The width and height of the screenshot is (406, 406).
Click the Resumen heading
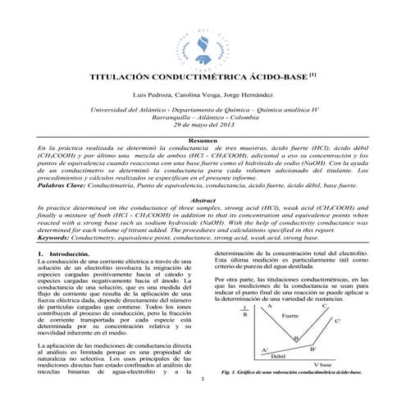[x=203, y=142]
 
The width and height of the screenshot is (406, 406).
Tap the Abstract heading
[x=203, y=200]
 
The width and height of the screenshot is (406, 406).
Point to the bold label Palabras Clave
[x=63, y=187]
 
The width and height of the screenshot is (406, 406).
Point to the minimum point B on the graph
[x=296, y=337]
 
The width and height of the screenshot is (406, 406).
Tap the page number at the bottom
[x=202, y=380]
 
